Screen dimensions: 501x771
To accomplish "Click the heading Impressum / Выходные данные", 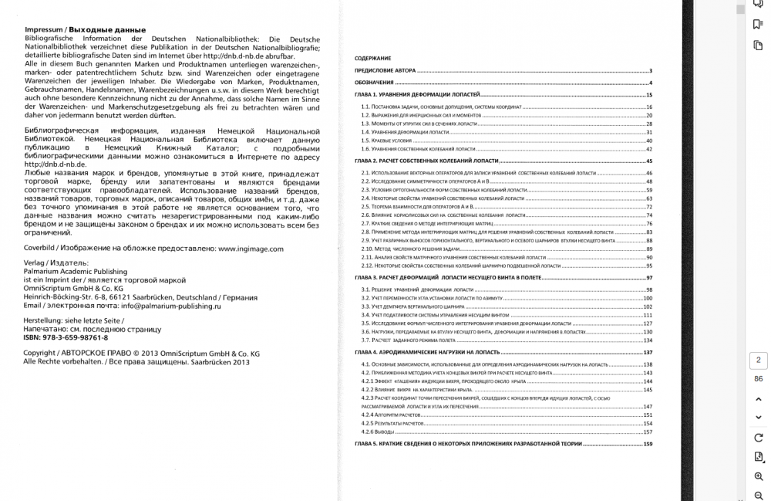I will [x=74, y=29].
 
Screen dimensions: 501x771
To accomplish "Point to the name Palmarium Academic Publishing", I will [x=76, y=272].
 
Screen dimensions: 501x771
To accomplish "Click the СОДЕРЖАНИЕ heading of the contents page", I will [x=373, y=59].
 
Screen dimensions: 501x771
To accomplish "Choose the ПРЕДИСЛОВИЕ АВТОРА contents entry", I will [x=385, y=70].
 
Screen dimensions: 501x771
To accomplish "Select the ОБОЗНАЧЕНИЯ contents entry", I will [x=375, y=83].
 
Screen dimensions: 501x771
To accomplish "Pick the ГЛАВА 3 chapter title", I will [x=447, y=276].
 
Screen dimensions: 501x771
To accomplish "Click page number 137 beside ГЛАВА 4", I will [x=648, y=352].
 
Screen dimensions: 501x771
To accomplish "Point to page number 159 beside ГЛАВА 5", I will [x=648, y=445].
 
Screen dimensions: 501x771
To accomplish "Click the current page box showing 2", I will [x=758, y=360].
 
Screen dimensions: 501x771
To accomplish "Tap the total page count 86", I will [x=758, y=379].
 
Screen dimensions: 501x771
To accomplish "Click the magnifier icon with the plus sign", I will [x=759, y=477].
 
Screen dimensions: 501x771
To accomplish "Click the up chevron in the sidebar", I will [x=759, y=399].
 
